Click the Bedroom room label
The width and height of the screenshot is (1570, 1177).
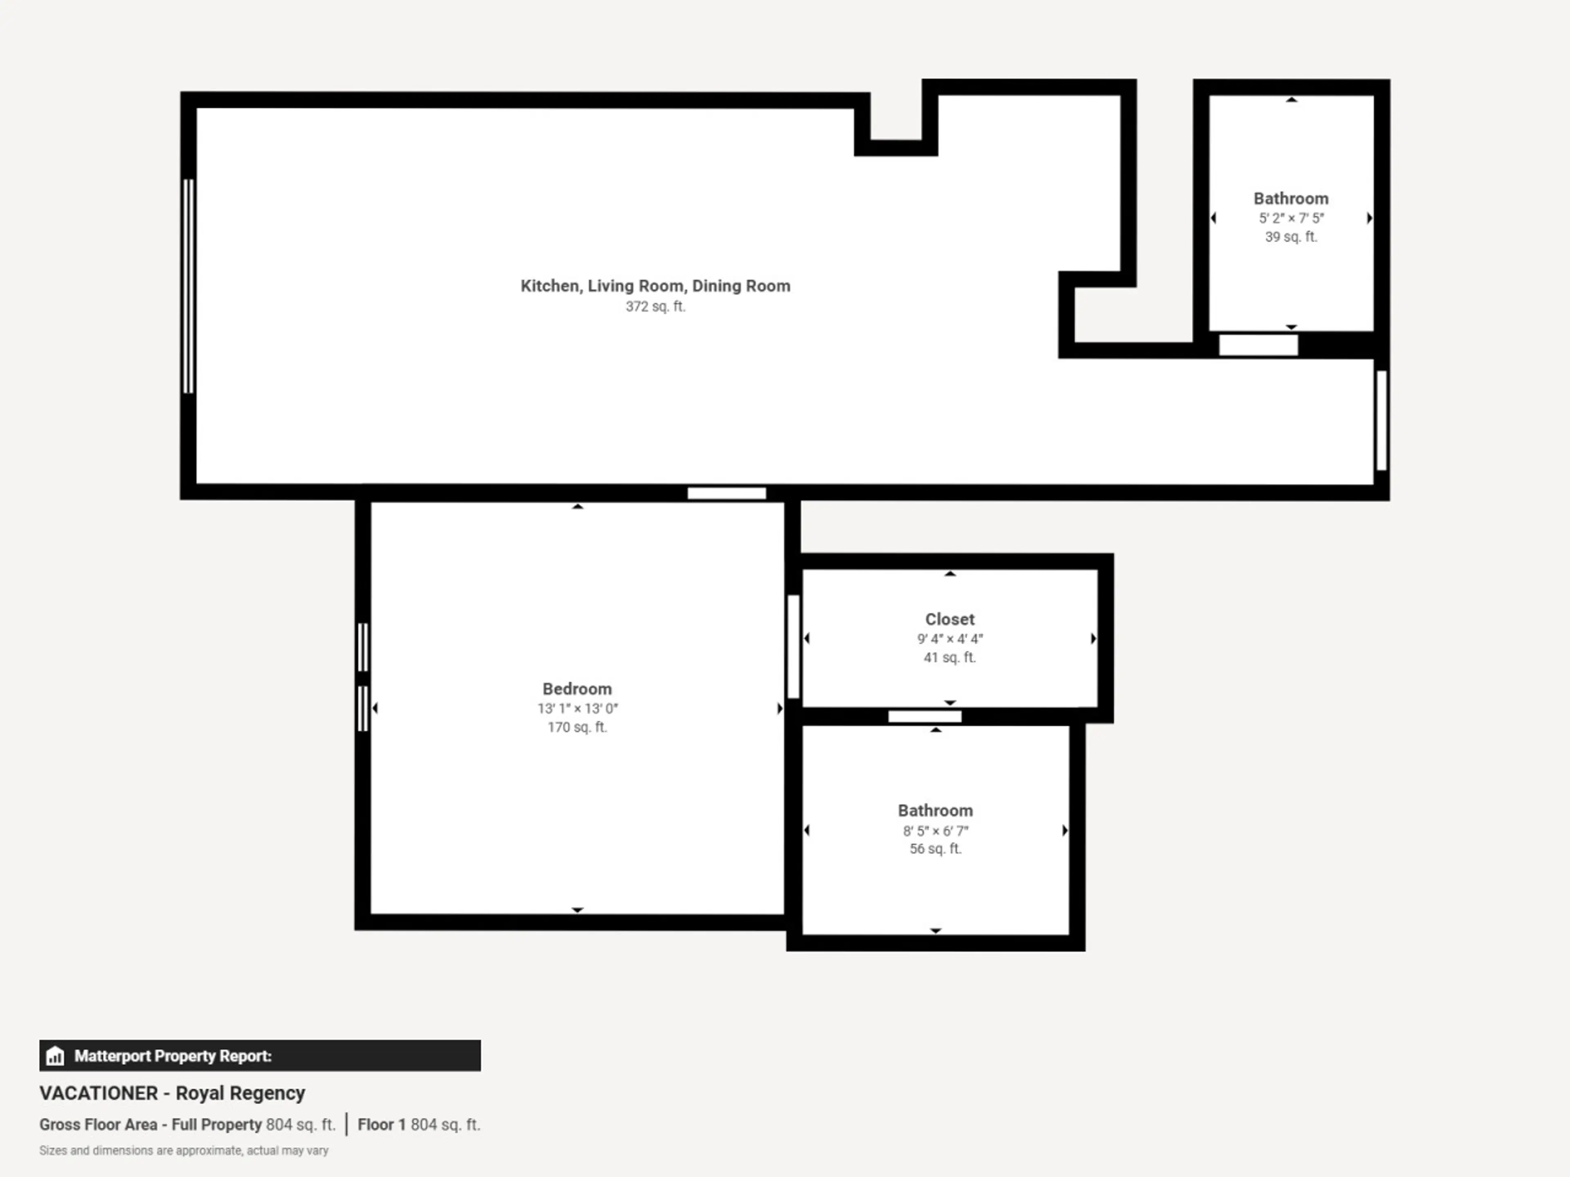tap(577, 689)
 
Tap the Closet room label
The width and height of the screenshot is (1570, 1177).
tap(950, 620)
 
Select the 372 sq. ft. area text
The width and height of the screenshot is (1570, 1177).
tap(655, 307)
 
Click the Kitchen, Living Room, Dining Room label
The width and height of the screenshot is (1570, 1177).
tap(655, 286)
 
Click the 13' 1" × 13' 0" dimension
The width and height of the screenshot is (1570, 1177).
tap(577, 709)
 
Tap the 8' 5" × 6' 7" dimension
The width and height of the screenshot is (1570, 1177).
tap(935, 831)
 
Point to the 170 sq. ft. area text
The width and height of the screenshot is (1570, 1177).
tap(577, 727)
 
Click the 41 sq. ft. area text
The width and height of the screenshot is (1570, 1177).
tap(950, 658)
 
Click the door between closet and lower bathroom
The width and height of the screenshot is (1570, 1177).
tap(925, 716)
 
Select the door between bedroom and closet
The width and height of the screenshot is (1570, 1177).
tap(794, 646)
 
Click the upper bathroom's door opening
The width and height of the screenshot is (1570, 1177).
tap(1258, 345)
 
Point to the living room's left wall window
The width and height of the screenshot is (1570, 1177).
tap(188, 286)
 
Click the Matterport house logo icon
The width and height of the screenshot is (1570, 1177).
tap(55, 1056)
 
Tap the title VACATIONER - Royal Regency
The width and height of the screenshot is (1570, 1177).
tap(173, 1093)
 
